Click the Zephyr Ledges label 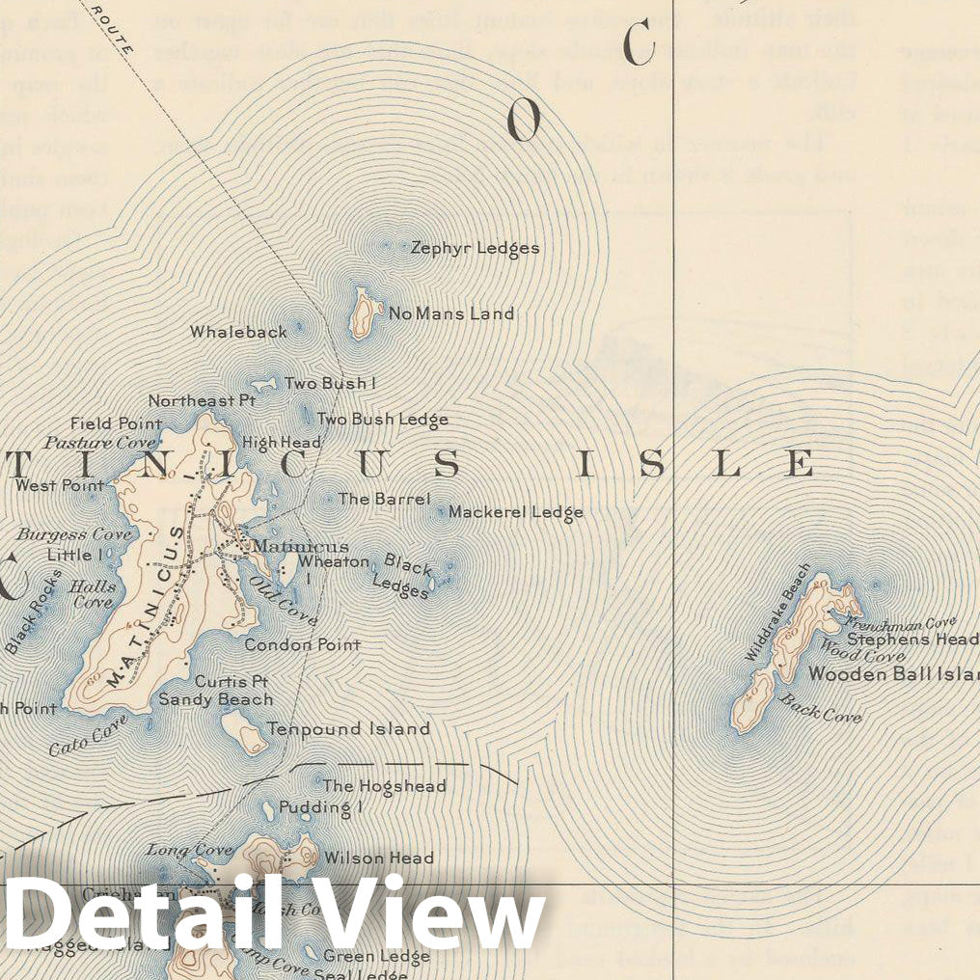click(x=475, y=248)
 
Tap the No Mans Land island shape click(x=363, y=313)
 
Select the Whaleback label click(x=238, y=332)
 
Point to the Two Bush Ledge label click(x=383, y=420)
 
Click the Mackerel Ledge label click(x=515, y=512)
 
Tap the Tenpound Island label click(x=348, y=729)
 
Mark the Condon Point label click(x=302, y=644)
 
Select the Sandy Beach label click(x=216, y=699)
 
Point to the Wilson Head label click(x=378, y=857)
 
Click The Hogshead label click(x=384, y=786)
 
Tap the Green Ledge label click(x=376, y=956)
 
